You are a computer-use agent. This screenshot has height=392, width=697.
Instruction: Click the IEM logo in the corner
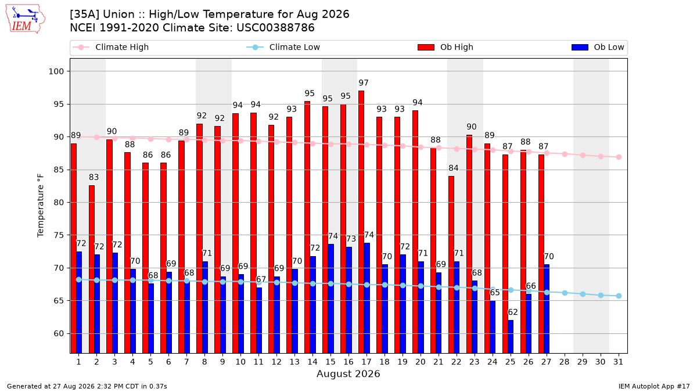[x=26, y=19]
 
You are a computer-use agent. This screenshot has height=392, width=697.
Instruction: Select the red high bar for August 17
[x=361, y=222]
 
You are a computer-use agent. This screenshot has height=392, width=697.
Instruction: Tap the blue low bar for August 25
[x=511, y=337]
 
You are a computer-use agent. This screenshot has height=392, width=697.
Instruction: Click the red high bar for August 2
[x=92, y=269]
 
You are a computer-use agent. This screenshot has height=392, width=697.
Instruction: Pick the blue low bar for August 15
[x=330, y=299]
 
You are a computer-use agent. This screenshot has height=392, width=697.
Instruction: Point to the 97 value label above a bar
[x=364, y=82]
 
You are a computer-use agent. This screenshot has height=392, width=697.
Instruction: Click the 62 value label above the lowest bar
[x=513, y=312]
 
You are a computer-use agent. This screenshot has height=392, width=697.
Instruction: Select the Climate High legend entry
[x=111, y=47]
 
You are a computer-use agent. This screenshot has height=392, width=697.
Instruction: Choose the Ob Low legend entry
[x=598, y=47]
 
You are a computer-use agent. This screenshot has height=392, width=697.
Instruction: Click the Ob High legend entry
[x=445, y=47]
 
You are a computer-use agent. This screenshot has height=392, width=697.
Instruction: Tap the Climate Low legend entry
[x=283, y=47]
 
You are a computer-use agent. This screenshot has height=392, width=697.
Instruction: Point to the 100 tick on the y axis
[x=56, y=71]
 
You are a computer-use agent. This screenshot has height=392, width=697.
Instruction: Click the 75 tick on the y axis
[x=59, y=235]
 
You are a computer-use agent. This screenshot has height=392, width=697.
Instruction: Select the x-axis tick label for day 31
[x=618, y=362]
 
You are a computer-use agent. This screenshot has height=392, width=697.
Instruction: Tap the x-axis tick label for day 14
[x=312, y=362]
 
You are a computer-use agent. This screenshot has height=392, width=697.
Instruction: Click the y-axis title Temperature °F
[x=41, y=206]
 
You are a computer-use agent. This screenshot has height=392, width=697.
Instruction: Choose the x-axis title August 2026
[x=348, y=373]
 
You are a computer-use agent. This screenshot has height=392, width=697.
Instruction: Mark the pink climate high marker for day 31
[x=619, y=157]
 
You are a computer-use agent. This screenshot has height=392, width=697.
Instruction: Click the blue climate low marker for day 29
[x=583, y=294]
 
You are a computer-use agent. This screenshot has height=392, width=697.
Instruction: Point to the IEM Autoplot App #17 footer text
[x=654, y=386]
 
